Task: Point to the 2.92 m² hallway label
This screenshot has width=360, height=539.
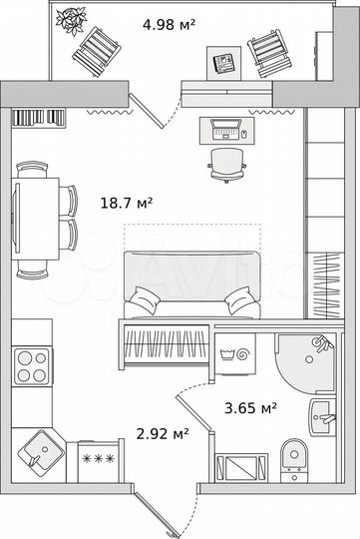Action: pos(163,433)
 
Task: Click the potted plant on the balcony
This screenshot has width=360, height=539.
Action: pos(71,20)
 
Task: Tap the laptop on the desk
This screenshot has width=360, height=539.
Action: pos(225,129)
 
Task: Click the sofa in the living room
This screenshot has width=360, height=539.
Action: pos(192,283)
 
